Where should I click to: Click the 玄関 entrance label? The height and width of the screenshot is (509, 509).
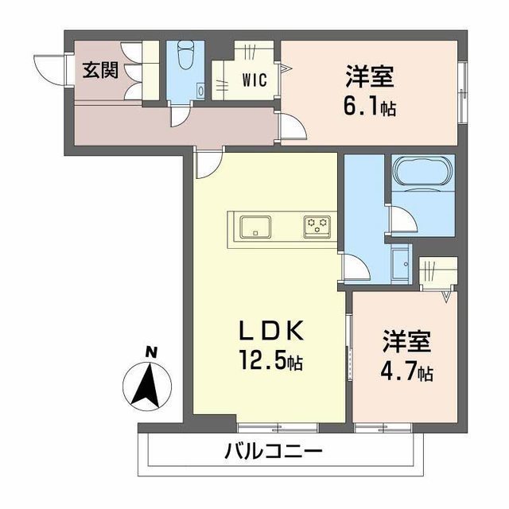coord(100,70)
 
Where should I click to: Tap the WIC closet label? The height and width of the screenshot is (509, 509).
coord(254,80)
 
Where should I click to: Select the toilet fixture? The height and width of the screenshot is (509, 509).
coord(185,55)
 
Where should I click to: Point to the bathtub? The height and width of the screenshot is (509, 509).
coord(423,172)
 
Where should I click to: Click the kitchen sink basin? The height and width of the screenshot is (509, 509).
coord(255,227)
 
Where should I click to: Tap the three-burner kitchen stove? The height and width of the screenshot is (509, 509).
coord(317,227)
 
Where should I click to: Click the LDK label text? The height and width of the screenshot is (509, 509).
coord(271,331)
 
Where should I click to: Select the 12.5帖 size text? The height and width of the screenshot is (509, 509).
coord(271,360)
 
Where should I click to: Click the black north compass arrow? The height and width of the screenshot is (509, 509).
coord(147,385)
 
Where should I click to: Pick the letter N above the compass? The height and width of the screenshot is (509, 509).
coord(150,352)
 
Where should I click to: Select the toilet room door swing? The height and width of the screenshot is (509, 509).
coord(181,116)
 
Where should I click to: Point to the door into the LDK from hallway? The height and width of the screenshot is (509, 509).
coord(209,163)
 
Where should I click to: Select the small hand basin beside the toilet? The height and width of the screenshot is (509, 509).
coord(201,90)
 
